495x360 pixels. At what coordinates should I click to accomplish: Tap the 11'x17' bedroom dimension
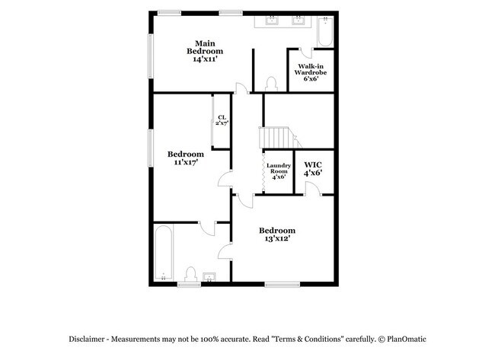[186, 161]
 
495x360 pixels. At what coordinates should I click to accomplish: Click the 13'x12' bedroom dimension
[276, 238]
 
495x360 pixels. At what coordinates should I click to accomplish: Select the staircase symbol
[275, 138]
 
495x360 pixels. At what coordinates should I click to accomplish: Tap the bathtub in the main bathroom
[325, 33]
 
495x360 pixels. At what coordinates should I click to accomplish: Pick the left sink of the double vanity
[273, 21]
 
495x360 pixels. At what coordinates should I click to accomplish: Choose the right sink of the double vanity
[298, 21]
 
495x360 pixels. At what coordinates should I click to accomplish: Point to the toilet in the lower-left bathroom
[192, 273]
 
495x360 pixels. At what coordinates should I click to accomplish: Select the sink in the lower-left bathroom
[209, 276]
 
